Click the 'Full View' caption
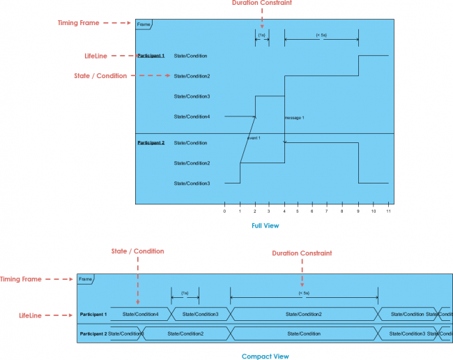(266, 225)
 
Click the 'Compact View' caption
(265, 356)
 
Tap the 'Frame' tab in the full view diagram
(144, 24)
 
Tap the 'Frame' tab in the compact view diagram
(86, 279)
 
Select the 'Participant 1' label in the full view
(151, 55)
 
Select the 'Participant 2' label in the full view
(151, 142)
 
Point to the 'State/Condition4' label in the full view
(192, 117)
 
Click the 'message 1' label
(294, 118)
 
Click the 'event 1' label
(253, 138)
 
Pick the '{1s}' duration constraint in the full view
(261, 34)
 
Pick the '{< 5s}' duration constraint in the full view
(321, 34)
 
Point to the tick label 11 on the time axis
(389, 211)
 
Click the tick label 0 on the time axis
(224, 211)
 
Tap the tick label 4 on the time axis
(284, 211)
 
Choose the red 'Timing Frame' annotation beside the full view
(78, 22)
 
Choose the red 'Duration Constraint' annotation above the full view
(262, 3)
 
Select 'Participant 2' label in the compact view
(93, 333)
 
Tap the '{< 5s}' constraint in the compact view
(303, 293)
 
